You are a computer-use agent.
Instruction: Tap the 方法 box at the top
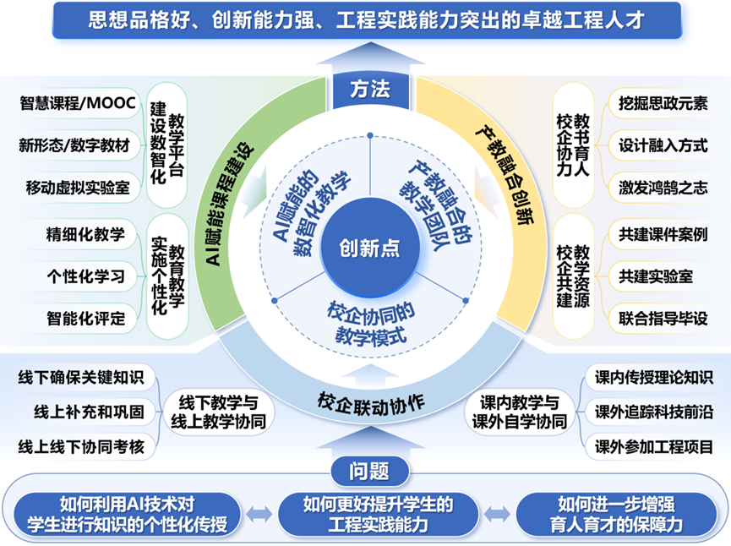[x=369, y=87]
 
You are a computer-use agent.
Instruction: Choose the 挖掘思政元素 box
[x=663, y=104]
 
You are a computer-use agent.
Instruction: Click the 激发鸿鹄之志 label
[x=663, y=187]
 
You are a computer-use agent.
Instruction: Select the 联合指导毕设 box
[x=663, y=318]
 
